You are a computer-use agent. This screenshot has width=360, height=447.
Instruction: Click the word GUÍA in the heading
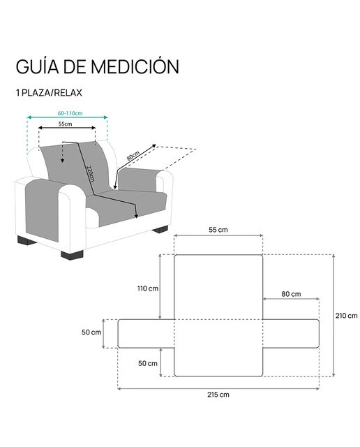(37, 66)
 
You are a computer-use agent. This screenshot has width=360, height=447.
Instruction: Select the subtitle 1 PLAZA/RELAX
(49, 93)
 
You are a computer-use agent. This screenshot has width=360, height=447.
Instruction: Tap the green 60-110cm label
(70, 113)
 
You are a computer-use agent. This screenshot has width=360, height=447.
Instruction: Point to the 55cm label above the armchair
(65, 124)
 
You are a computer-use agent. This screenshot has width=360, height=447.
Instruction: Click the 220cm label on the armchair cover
(90, 173)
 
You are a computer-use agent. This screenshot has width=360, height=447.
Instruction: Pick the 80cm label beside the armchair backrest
(133, 155)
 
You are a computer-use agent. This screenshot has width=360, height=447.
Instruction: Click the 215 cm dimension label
(218, 395)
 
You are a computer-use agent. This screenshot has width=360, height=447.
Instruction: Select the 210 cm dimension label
(346, 316)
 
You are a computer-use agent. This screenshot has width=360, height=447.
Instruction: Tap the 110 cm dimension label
(148, 288)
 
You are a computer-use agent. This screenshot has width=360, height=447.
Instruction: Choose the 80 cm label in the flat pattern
(291, 294)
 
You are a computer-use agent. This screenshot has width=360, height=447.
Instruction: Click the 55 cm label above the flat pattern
(218, 230)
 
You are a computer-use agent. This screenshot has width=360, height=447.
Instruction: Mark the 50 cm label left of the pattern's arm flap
(91, 332)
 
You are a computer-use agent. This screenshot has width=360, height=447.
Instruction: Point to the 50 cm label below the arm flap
(148, 363)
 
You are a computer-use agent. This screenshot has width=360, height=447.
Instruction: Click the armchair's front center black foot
(73, 254)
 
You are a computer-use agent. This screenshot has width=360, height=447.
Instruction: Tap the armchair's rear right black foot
(160, 229)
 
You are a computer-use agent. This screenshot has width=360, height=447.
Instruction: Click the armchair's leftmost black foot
(27, 241)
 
